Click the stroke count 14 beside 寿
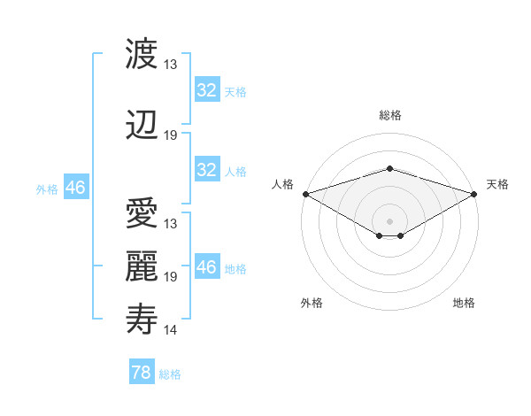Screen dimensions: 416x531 [171, 330]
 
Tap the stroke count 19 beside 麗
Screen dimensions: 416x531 [171, 277]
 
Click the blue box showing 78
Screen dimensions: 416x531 [141, 373]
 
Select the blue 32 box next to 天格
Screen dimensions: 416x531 [207, 90]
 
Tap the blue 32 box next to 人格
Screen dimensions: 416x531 [207, 170]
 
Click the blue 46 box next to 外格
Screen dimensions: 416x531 [75, 188]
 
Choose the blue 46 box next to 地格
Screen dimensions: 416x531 [207, 267]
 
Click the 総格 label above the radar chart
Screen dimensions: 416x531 [389, 115]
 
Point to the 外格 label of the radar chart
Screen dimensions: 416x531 [312, 303]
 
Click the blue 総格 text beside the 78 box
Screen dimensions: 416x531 [170, 374]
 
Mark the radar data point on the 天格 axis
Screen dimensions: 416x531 [474, 194]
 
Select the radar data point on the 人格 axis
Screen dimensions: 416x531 [304, 194]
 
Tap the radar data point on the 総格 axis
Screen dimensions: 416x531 [389, 168]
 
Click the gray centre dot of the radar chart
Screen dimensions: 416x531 [389, 220]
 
